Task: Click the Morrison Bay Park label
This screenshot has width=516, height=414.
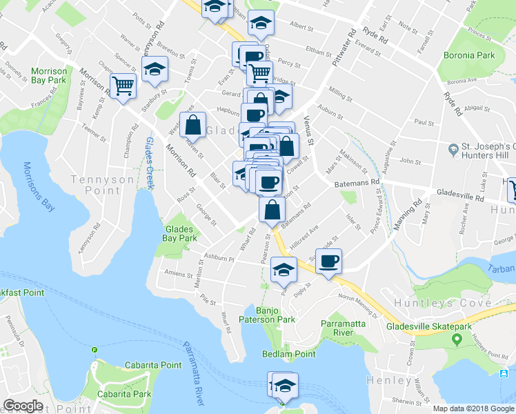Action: tap(48, 75)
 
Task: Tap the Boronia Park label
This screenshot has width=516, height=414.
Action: tap(469, 55)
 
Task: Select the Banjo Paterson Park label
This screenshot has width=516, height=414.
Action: tap(267, 315)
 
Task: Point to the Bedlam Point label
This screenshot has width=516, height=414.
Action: tap(288, 354)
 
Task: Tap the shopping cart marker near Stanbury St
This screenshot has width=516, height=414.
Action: tap(123, 86)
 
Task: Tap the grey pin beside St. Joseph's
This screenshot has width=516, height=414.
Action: tap(453, 149)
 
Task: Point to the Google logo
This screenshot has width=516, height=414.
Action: tap(23, 406)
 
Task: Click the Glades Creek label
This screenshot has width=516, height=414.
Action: tap(150, 163)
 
